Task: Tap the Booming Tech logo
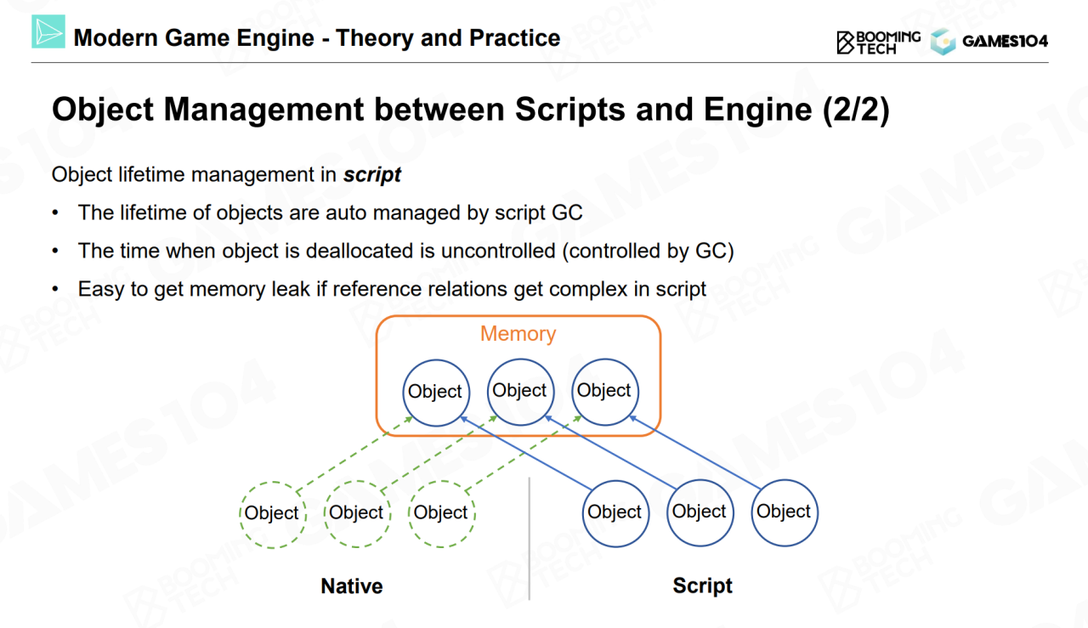(878, 42)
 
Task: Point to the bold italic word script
(372, 175)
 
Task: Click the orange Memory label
(518, 334)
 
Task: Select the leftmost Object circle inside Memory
(435, 391)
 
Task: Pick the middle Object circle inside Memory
(519, 390)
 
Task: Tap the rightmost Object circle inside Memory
(603, 390)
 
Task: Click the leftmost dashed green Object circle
(271, 512)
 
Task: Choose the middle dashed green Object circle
(356, 512)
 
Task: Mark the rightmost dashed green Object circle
(440, 512)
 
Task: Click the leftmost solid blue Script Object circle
(615, 512)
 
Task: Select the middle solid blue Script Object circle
(700, 512)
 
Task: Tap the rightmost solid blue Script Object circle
(784, 512)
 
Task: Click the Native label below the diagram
(351, 586)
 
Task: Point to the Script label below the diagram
(702, 586)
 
